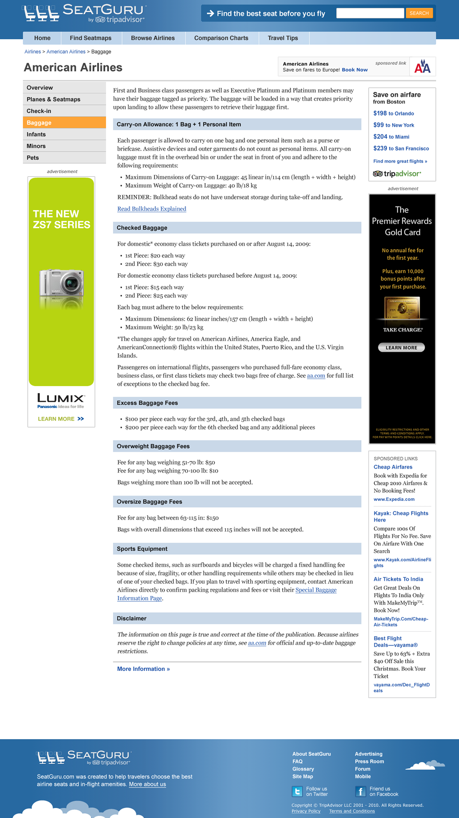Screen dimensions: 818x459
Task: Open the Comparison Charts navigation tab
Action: point(221,38)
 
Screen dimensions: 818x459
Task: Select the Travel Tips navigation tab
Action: point(282,38)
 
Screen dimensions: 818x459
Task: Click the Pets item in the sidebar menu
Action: point(33,158)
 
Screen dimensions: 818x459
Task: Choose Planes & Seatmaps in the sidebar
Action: point(53,99)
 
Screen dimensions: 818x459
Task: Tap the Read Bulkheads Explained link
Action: point(152,209)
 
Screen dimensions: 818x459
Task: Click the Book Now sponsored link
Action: point(354,70)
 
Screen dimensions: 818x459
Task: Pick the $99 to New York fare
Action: point(393,125)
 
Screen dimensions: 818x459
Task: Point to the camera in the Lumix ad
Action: point(61,283)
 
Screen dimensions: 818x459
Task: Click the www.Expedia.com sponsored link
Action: point(394,499)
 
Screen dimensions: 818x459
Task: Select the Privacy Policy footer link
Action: point(306,811)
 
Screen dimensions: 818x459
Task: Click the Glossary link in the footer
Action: point(303,769)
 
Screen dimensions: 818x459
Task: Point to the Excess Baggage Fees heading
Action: point(147,403)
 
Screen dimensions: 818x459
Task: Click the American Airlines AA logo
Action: point(422,67)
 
